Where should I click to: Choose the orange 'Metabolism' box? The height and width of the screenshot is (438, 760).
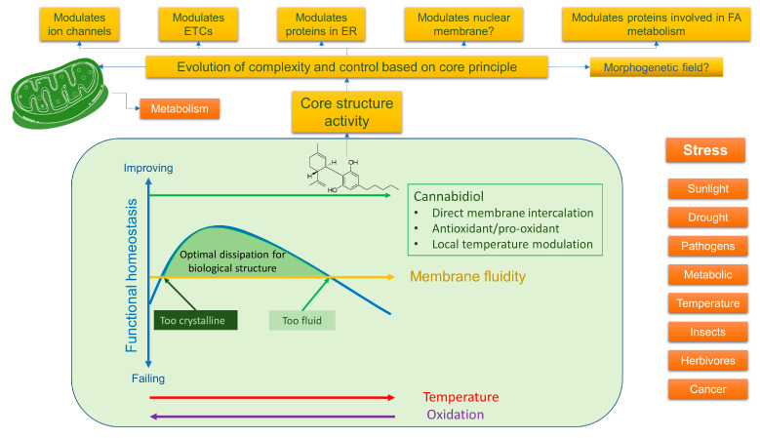[180, 108]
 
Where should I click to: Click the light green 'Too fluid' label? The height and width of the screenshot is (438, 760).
[300, 319]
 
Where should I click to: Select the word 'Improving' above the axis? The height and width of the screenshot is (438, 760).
[148, 168]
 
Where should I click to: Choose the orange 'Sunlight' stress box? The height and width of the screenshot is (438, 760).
[708, 188]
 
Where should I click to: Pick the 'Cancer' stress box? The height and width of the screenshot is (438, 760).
[708, 389]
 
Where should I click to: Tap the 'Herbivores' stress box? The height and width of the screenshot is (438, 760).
[708, 361]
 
